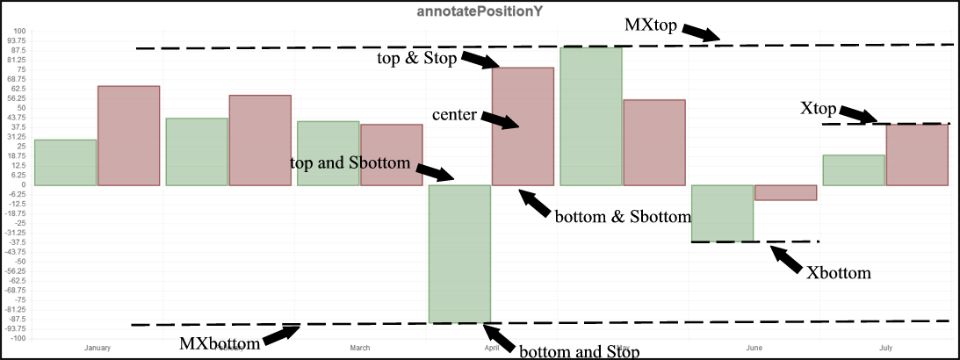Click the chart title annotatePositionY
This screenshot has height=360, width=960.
(480, 12)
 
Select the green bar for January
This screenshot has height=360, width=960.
(64, 162)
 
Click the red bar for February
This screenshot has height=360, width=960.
(260, 140)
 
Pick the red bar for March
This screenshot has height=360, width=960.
(392, 155)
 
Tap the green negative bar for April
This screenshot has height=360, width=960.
(458, 254)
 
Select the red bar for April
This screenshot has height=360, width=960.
(523, 126)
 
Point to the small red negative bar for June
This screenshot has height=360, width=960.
(786, 193)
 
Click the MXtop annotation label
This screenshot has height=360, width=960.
(651, 24)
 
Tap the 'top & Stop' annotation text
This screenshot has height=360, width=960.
(416, 58)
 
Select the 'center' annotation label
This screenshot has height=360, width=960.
(454, 115)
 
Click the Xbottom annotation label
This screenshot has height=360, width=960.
(839, 273)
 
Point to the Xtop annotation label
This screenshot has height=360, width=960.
(818, 109)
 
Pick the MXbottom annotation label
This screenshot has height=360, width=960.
(220, 343)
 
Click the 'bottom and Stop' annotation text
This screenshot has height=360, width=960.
(579, 352)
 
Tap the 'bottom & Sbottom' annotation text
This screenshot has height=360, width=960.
(623, 217)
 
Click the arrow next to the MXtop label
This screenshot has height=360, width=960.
(700, 32)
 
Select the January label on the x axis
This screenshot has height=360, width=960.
(97, 349)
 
